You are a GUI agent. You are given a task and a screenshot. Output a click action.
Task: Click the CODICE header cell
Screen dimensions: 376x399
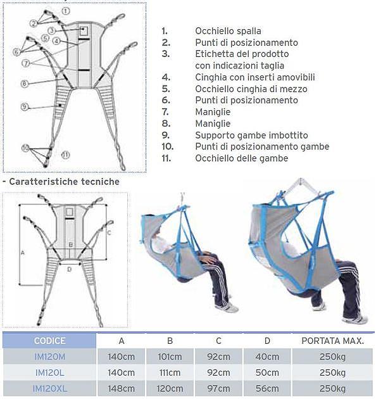(x=49, y=341)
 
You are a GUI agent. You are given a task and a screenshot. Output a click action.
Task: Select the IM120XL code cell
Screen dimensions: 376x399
(x=50, y=389)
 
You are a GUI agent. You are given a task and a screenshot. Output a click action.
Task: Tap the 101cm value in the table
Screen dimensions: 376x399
(x=170, y=357)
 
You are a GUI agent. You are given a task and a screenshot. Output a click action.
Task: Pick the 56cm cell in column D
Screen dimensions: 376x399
(x=267, y=389)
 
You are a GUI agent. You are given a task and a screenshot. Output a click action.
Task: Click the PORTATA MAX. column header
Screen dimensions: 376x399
(x=333, y=341)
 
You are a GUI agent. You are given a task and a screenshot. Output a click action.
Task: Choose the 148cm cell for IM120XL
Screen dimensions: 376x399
(x=122, y=389)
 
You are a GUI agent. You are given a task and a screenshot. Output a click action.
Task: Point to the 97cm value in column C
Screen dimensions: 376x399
(x=218, y=389)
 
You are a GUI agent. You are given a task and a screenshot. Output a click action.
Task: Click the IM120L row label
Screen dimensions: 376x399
(x=50, y=372)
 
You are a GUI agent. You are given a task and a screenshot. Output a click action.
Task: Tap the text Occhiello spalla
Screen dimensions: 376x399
(x=228, y=31)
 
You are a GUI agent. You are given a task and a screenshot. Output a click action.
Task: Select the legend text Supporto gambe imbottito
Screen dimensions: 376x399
(x=251, y=135)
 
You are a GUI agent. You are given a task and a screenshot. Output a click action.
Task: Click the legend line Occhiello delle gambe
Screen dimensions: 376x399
(x=242, y=158)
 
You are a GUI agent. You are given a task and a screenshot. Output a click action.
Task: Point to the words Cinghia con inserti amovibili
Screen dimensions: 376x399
(x=255, y=77)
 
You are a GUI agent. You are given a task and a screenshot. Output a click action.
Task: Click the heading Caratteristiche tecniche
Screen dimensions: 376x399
(x=65, y=182)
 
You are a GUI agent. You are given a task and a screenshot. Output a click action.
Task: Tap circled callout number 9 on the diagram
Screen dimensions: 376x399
(x=25, y=106)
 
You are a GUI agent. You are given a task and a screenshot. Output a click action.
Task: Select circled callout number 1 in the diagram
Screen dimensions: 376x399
(x=66, y=11)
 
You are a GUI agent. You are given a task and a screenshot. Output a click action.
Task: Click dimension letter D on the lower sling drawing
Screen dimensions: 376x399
(x=69, y=269)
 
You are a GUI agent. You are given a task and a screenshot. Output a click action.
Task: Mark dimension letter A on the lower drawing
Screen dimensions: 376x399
(x=23, y=253)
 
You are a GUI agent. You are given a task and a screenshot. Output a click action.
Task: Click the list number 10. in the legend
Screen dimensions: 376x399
(x=168, y=146)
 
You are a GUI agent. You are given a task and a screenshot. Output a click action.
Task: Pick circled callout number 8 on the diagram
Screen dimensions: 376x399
(x=25, y=84)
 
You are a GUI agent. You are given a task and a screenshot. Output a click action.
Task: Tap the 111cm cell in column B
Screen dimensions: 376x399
(x=170, y=372)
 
